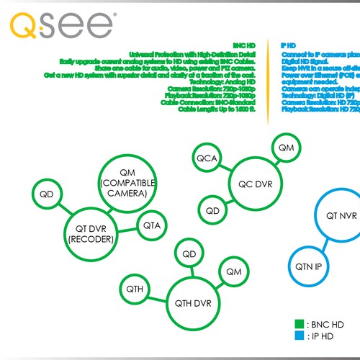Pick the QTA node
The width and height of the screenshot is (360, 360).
152,226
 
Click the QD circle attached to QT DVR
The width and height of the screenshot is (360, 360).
46,194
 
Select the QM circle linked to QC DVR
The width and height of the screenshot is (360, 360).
287,148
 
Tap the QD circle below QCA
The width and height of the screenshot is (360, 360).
212,211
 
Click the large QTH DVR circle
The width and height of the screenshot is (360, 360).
192,303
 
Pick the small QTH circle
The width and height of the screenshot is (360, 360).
135,289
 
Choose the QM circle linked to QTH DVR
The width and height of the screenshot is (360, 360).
234,272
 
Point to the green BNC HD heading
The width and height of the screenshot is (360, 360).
234,45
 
